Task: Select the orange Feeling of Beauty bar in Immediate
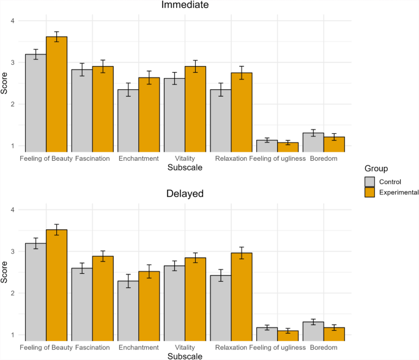(57, 94)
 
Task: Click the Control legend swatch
(369, 182)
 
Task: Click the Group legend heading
(375, 169)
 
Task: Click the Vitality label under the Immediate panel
(185, 158)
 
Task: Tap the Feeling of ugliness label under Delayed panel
(277, 347)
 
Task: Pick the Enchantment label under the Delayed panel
(139, 347)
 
